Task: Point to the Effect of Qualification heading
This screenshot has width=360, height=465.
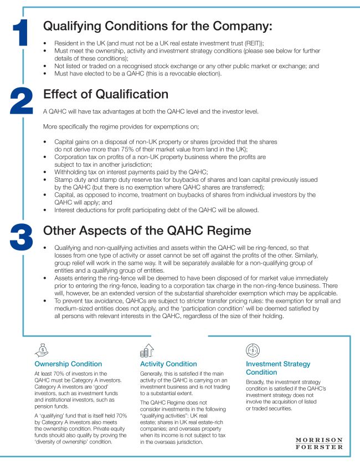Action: (105, 94)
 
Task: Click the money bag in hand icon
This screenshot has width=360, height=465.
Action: (42, 350)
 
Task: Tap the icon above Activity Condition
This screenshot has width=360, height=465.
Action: (147, 350)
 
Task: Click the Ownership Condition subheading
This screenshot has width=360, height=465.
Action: (68, 364)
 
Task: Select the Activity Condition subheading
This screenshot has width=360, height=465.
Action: (169, 364)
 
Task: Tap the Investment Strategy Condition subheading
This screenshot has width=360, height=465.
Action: (277, 368)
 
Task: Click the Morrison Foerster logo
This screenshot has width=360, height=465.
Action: (319, 444)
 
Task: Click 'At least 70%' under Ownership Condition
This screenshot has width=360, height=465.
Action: (51, 375)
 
